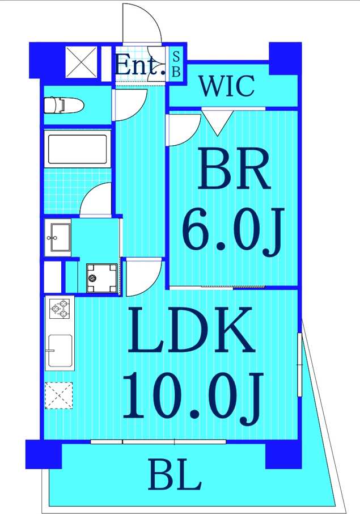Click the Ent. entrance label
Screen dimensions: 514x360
click(x=139, y=65)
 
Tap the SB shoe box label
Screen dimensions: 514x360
click(x=176, y=64)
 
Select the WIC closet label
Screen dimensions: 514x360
click(x=227, y=87)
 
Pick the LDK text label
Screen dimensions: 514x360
click(x=190, y=331)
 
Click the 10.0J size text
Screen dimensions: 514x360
click(x=192, y=395)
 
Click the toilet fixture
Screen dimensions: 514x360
click(x=63, y=104)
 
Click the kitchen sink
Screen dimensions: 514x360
click(x=60, y=351)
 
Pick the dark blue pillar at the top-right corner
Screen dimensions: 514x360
click(x=283, y=58)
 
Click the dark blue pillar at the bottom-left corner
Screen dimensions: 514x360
click(x=43, y=454)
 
